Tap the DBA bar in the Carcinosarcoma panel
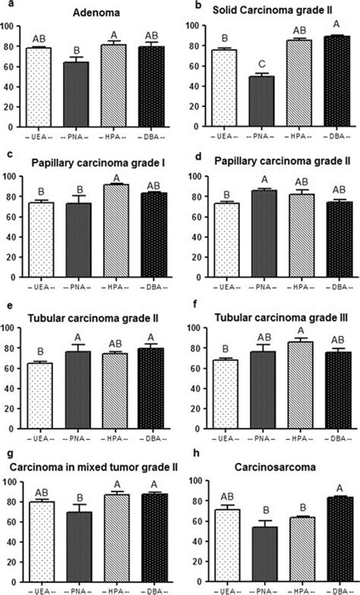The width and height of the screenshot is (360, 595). (321, 536)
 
